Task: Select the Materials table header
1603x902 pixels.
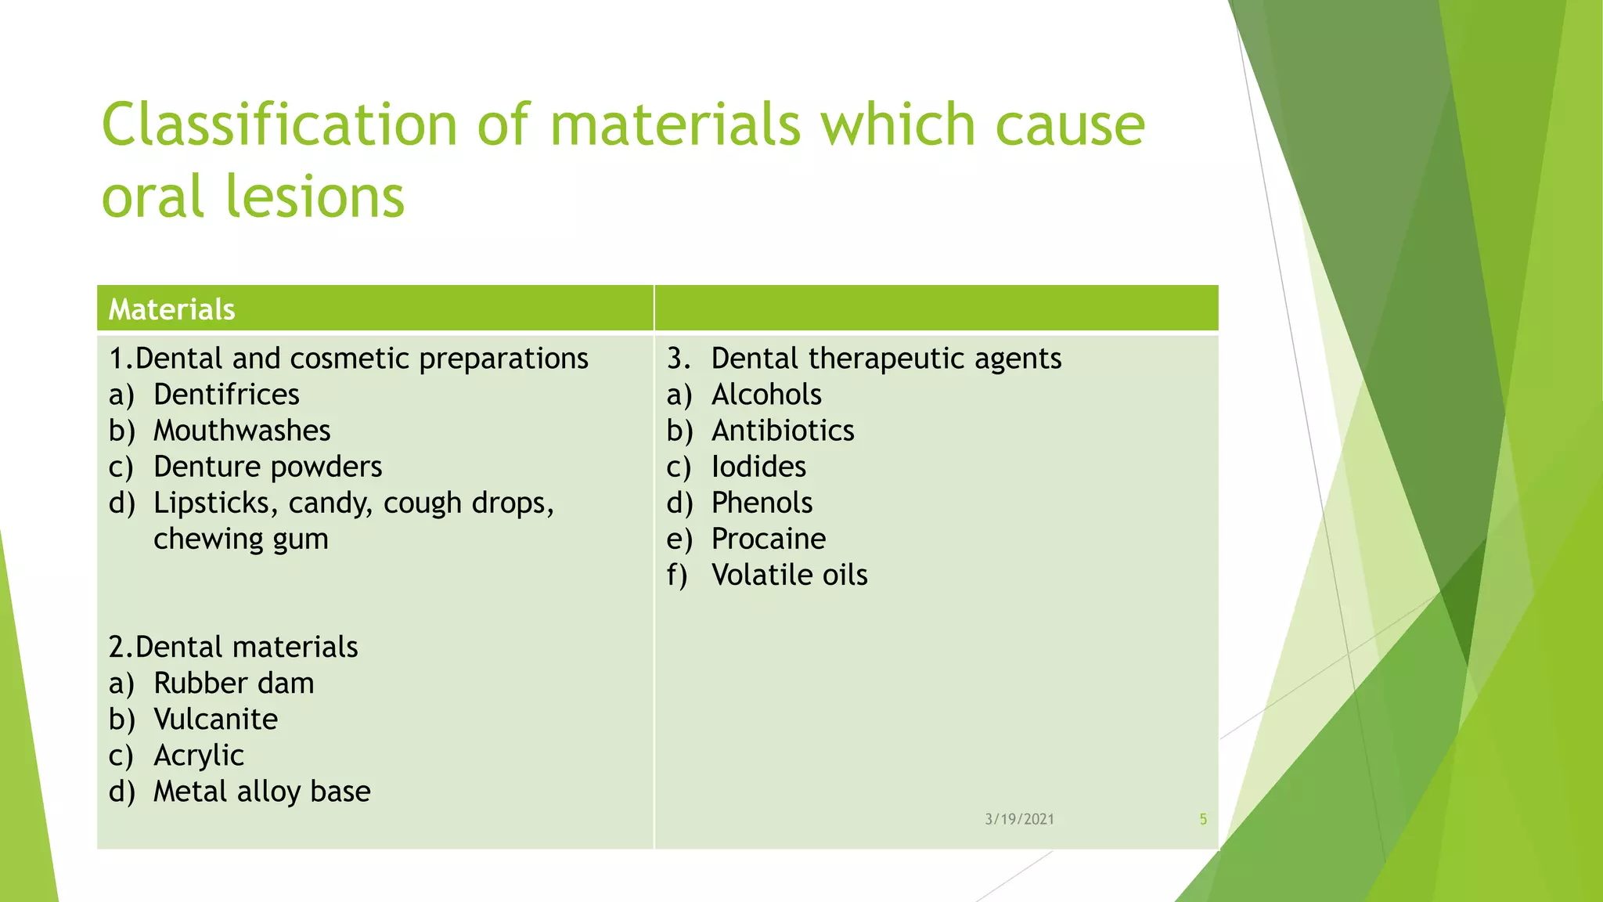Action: pos(171,309)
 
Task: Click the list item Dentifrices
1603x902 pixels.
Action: pos(226,395)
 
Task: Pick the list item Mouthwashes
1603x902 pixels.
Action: pos(242,431)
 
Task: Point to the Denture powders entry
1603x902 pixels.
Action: pos(268,467)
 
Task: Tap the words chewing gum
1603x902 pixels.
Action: pos(240,539)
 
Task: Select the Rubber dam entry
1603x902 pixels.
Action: pos(233,684)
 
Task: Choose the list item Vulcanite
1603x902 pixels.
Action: pos(215,720)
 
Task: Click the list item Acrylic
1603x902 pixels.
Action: pos(199,756)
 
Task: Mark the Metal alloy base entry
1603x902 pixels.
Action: pos(261,792)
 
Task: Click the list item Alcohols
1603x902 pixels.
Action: pos(766,395)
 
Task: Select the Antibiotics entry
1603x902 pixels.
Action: pos(783,431)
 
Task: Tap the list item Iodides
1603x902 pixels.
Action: pos(758,467)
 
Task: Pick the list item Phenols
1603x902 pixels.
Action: pos(762,503)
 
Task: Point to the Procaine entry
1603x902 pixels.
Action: pos(769,539)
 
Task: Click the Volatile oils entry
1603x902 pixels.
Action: pos(789,575)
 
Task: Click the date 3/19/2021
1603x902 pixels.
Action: pos(1019,819)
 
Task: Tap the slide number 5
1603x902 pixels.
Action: pos(1203,819)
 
